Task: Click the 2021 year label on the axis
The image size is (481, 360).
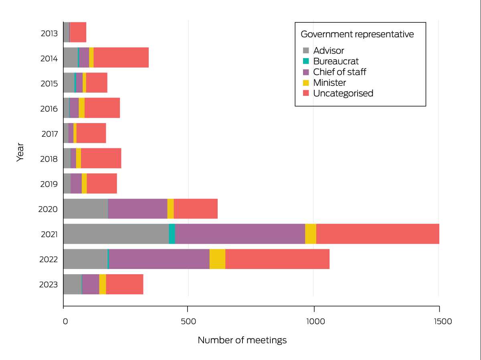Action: pos(49,234)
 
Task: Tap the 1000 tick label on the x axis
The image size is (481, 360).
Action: pos(313,322)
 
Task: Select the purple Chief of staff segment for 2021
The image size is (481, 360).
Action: pos(240,234)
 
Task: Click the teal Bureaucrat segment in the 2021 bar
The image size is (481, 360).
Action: pos(172,234)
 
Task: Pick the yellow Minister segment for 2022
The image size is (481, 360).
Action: pos(217,259)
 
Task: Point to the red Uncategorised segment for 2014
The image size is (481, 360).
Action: pos(121,57)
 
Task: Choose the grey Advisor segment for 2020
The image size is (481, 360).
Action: pos(85,209)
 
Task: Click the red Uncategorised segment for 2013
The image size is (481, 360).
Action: pos(78,32)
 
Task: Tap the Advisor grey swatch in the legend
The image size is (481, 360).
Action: pos(306,51)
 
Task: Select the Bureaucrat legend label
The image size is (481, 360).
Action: pos(336,61)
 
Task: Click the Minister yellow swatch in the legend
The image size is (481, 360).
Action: pos(306,83)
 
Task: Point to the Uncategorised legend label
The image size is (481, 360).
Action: pos(343,93)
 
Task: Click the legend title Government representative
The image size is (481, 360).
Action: pos(357,34)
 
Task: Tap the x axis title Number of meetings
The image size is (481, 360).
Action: pos(242,340)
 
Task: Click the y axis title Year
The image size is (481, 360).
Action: pos(20,153)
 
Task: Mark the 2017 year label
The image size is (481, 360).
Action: pos(50,134)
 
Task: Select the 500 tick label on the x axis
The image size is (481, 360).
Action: pos(188,322)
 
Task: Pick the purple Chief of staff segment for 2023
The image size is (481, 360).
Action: pos(91,284)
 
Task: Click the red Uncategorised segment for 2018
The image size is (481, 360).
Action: pos(101,158)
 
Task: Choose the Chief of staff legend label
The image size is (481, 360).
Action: pos(340,72)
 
